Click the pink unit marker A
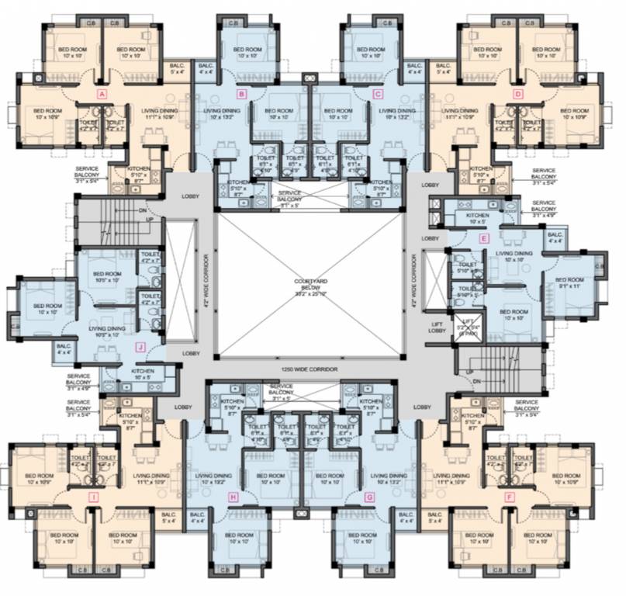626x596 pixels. (101, 94)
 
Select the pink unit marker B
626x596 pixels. (241, 94)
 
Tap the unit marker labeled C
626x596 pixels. (378, 94)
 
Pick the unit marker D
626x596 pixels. (518, 94)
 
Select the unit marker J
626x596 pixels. (140, 347)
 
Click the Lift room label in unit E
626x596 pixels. (468, 327)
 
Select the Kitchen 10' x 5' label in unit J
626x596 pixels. (142, 374)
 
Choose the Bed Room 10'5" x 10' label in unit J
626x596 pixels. (106, 277)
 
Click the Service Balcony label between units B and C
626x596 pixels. (290, 195)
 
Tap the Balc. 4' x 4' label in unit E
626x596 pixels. (555, 237)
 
